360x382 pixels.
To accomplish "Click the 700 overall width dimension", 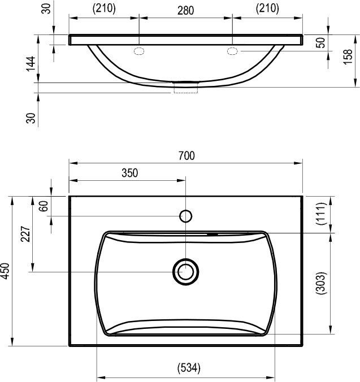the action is [x=186, y=156].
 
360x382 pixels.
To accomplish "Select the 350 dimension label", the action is [x=130, y=173].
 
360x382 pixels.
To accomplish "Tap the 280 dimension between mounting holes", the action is [x=185, y=11].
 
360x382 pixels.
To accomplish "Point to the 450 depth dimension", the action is [x=5, y=271].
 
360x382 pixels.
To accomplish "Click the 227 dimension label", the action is [x=25, y=234].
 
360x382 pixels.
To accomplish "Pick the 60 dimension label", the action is [x=44, y=206].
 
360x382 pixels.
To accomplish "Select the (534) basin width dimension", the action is [x=189, y=368].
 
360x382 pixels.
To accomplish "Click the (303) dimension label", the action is [x=321, y=283].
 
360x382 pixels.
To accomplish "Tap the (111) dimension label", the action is [x=321, y=214].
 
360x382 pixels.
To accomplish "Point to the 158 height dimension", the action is [x=348, y=57].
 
